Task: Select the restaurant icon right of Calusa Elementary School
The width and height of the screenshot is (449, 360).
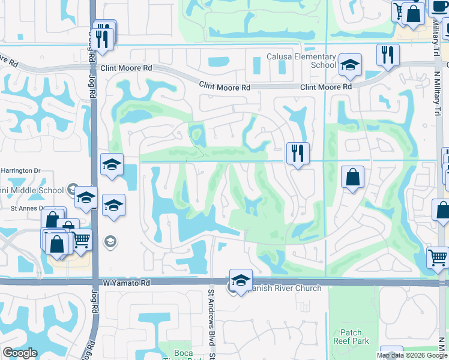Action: click(388, 55)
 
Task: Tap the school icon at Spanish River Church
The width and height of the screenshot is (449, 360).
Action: click(240, 281)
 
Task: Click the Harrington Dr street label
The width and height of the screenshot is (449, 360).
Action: click(19, 170)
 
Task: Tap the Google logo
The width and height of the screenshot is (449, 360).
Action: click(19, 353)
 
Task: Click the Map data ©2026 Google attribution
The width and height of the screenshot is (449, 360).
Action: click(412, 355)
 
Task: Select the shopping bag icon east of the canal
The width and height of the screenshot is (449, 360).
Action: click(352, 177)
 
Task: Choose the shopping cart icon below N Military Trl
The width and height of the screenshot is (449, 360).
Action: click(438, 257)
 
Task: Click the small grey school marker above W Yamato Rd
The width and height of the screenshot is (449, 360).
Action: click(110, 242)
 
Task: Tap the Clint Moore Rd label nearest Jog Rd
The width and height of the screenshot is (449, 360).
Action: click(126, 68)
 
